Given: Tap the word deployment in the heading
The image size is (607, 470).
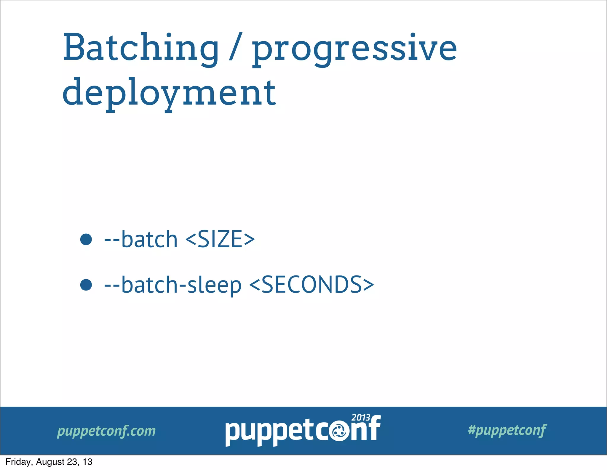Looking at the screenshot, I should click(169, 93).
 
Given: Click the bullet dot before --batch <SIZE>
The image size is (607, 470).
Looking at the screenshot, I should click(86, 239).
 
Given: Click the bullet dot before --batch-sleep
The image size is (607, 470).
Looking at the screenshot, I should click(86, 285).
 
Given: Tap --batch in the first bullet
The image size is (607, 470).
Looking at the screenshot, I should click(141, 239).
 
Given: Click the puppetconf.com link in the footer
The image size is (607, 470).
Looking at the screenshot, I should click(106, 431).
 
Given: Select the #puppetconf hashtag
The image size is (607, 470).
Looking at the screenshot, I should click(507, 430).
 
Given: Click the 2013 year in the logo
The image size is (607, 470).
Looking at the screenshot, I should click(361, 418).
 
